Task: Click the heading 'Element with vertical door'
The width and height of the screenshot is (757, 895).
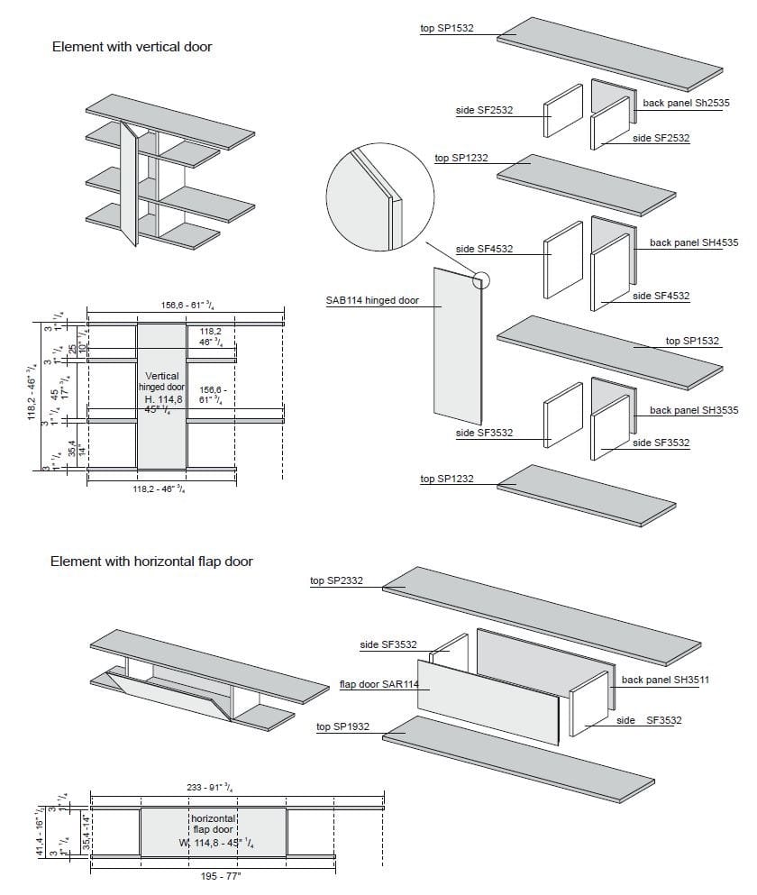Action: [132, 46]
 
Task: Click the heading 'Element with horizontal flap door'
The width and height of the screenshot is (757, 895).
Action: [151, 561]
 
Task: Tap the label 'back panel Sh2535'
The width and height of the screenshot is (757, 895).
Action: [686, 104]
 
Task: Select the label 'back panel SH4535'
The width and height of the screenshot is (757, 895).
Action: [693, 242]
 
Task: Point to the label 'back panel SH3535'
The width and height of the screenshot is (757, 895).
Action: [693, 410]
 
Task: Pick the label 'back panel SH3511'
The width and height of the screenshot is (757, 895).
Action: [665, 680]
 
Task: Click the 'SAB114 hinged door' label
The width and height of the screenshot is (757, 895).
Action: [372, 300]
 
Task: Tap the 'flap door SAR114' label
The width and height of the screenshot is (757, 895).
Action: [378, 684]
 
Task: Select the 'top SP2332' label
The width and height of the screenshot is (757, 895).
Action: [336, 581]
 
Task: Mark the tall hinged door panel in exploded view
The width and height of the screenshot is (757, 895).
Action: [456, 347]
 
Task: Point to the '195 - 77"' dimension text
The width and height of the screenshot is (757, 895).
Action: [213, 877]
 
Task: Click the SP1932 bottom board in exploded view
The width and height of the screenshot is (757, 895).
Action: [518, 755]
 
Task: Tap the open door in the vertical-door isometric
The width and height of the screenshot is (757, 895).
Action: [129, 185]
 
